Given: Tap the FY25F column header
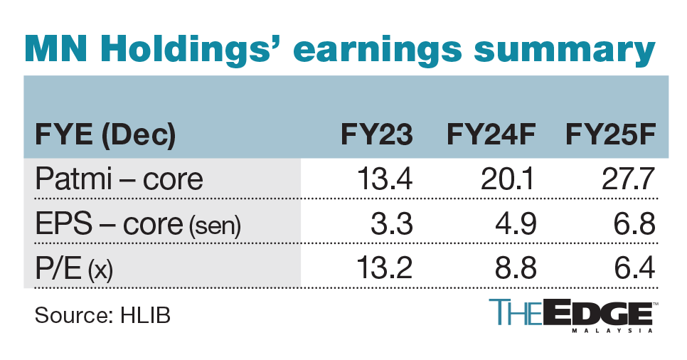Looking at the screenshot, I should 608,134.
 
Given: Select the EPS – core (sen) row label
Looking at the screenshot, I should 138,224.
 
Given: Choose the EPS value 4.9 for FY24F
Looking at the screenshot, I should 514,224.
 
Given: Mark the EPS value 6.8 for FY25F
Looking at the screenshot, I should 632,224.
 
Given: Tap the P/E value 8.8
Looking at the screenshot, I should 514,269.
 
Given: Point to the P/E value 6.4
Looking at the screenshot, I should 632,269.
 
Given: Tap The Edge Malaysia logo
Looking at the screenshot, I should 572,316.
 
